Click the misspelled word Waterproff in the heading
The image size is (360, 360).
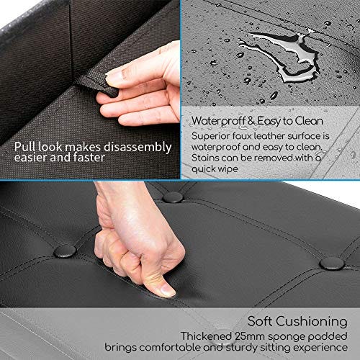tap(218, 121)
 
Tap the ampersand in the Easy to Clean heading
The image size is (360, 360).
tap(251, 121)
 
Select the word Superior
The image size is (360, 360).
tap(210, 136)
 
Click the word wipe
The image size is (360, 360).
tap(228, 169)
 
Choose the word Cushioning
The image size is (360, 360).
tap(311, 322)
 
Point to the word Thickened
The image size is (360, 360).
tap(206, 336)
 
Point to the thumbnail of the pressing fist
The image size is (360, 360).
tap(166, 290)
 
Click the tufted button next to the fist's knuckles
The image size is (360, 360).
tap(65, 251)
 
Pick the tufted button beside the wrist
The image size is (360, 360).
tap(173, 197)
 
